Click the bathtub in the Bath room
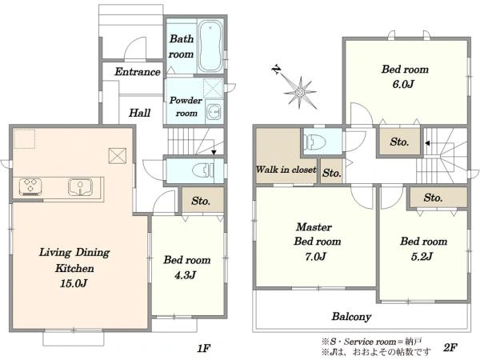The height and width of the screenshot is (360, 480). [210, 46]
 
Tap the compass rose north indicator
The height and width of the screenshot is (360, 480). [277, 70]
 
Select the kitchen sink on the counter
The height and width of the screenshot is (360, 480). [80, 186]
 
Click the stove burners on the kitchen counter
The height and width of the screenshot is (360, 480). [30, 187]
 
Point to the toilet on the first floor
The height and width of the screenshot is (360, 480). [203, 170]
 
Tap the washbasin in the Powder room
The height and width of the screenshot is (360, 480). [214, 113]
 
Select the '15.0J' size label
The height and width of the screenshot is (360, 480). [74, 283]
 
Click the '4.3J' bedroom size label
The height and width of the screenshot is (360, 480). [186, 275]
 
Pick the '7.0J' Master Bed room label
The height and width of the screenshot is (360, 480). [315, 256]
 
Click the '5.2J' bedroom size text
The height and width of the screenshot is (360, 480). [422, 256]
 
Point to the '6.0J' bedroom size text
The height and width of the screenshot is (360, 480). [403, 84]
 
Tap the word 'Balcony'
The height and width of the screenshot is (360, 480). [351, 317]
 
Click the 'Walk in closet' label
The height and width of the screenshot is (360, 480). [286, 170]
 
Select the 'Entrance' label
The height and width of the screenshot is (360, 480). [138, 72]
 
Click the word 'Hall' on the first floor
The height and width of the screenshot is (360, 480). [139, 113]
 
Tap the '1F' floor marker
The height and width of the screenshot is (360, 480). [203, 348]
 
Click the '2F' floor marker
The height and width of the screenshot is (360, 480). [450, 347]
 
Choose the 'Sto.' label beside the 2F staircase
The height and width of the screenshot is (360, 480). [399, 142]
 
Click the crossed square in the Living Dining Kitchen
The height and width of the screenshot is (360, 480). [118, 156]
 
